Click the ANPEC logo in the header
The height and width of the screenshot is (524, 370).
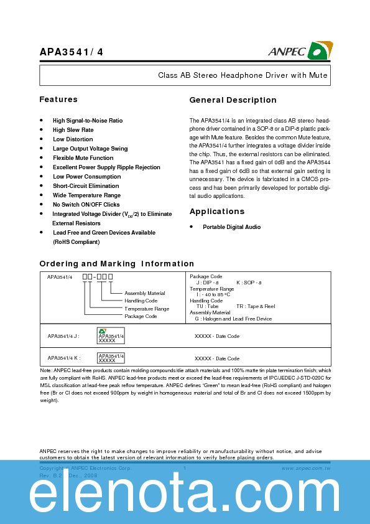tap(301, 50)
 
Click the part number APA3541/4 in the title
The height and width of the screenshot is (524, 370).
tap(72, 52)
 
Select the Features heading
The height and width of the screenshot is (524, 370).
tap(58, 100)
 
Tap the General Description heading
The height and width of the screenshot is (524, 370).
tap(233, 100)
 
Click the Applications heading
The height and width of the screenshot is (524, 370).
tap(217, 212)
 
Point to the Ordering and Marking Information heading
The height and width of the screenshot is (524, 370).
tap(117, 264)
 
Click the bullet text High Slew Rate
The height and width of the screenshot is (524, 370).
tap(73, 130)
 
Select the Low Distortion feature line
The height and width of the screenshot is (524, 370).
tap(73, 139)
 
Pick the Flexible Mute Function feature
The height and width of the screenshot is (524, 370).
tap(83, 158)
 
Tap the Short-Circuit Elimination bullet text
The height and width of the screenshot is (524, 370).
tap(86, 186)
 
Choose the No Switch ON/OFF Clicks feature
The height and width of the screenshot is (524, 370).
tap(86, 205)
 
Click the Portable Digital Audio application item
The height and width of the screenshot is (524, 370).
tap(232, 227)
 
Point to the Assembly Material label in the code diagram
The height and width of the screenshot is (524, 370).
tap(145, 293)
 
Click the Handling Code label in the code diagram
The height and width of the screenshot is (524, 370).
tap(141, 301)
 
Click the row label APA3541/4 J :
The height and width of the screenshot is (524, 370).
tap(63, 336)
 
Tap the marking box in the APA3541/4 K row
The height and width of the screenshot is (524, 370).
tap(111, 358)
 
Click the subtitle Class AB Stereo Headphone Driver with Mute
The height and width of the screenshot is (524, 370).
tap(243, 75)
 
